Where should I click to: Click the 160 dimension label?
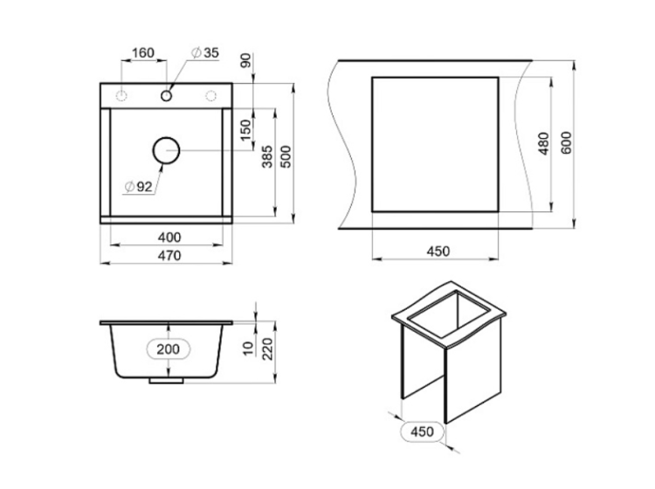[143, 53]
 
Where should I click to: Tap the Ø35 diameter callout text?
[204, 52]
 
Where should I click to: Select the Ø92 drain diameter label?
[138, 187]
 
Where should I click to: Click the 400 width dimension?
[169, 238]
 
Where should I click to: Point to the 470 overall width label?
[169, 255]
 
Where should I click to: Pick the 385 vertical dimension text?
[267, 156]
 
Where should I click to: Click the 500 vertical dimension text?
[286, 156]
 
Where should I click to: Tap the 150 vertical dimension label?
[247, 130]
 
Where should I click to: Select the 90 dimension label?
[246, 60]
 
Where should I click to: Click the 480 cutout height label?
[543, 143]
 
